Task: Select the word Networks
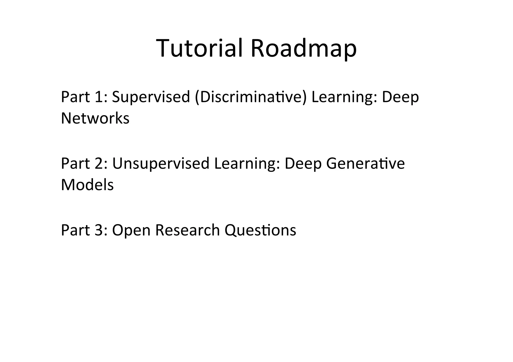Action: point(95,118)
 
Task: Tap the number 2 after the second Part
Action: point(100,163)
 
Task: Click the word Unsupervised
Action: point(160,164)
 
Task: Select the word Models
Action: point(87,185)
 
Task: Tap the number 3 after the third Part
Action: point(100,230)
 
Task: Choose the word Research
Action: point(187,230)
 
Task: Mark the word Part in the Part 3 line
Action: point(75,230)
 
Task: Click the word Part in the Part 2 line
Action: point(75,163)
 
